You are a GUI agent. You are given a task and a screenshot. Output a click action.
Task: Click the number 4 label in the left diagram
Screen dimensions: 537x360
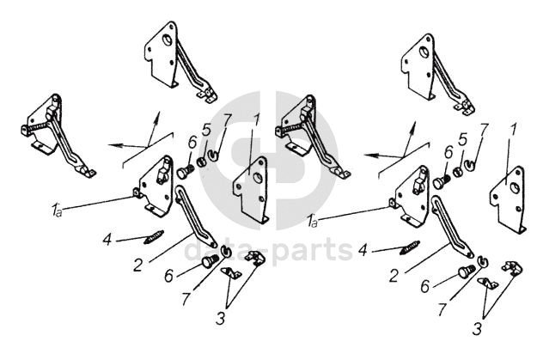click(x=107, y=239)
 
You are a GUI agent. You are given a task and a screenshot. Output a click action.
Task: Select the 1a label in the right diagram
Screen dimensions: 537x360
click(x=313, y=222)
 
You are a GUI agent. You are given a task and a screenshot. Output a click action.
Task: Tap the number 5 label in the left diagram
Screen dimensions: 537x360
click(x=206, y=130)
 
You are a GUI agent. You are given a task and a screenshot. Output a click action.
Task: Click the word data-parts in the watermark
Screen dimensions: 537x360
click(x=268, y=249)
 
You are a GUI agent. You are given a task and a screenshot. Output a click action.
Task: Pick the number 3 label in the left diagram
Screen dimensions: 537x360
click(x=221, y=319)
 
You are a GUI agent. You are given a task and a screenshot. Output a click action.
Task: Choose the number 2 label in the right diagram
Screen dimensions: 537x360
click(x=394, y=276)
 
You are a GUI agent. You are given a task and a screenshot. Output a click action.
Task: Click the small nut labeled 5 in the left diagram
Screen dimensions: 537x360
click(x=202, y=162)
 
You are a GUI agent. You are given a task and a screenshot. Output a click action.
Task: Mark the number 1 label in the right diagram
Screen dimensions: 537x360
click(x=513, y=131)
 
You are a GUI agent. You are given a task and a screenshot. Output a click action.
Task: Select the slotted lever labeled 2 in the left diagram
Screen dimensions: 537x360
click(x=195, y=216)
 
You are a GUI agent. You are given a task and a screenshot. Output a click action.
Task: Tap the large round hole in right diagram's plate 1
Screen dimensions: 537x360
click(x=514, y=187)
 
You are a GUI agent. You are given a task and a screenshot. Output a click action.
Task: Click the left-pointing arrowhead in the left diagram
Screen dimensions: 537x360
click(x=114, y=145)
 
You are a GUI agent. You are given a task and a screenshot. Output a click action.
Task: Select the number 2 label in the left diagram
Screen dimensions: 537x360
click(x=137, y=265)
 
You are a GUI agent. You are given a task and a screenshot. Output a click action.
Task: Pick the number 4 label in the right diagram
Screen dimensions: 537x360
click(x=363, y=250)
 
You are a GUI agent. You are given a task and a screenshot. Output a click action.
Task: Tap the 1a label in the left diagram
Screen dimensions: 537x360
click(x=57, y=210)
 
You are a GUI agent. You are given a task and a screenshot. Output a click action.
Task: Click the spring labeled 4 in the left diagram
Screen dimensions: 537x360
click(x=154, y=236)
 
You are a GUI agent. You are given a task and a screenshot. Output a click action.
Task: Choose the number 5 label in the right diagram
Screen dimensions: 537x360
click(x=463, y=140)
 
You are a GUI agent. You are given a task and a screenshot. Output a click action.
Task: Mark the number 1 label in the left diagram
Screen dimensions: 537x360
click(x=256, y=119)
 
